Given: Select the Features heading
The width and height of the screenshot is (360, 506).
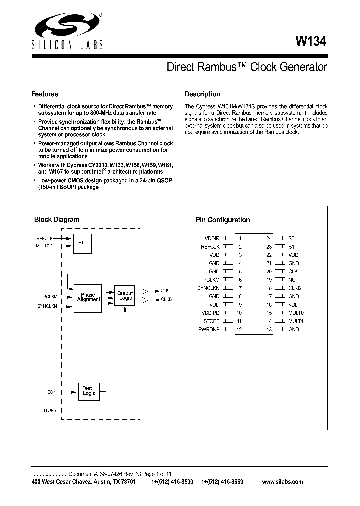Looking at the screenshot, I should pyautogui.click(x=44, y=94).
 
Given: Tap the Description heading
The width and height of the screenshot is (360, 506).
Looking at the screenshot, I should pyautogui.click(x=202, y=94).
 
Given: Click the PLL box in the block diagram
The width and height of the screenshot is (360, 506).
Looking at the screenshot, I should pyautogui.click(x=82, y=242).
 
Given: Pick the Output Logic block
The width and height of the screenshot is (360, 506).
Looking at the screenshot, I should pyautogui.click(x=125, y=296).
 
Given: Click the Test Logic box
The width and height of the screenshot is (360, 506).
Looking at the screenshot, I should pyautogui.click(x=89, y=391).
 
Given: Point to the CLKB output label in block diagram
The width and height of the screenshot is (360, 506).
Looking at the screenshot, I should pyautogui.click(x=166, y=300).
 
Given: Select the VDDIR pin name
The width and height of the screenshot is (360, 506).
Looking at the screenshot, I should pyautogui.click(x=212, y=238).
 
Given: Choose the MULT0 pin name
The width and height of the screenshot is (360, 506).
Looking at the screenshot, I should pyautogui.click(x=296, y=313).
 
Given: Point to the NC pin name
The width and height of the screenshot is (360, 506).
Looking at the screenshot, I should pyautogui.click(x=292, y=280).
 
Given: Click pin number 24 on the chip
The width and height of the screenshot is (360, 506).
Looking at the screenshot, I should pyautogui.click(x=269, y=238).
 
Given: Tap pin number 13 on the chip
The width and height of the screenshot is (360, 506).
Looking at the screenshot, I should pyautogui.click(x=269, y=329).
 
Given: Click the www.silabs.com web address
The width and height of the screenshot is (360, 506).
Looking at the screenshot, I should pyautogui.click(x=282, y=482).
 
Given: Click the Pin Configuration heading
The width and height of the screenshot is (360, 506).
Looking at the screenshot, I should pyautogui.click(x=222, y=220).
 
